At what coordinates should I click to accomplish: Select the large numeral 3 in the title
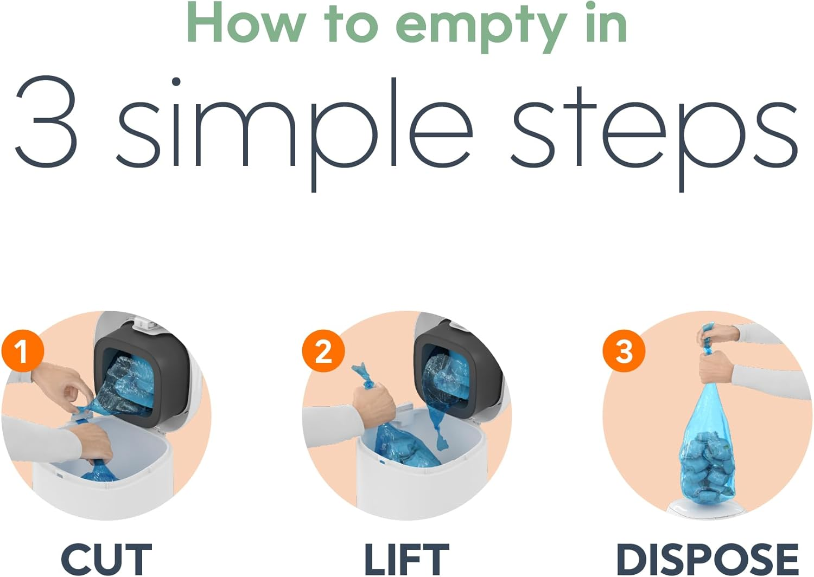46,122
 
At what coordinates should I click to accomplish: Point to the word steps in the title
654,134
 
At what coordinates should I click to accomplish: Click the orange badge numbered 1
23,351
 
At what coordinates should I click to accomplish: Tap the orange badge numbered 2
323,351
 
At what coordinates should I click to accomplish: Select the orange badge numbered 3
624,351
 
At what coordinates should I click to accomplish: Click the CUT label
106,559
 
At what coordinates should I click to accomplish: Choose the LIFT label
407,559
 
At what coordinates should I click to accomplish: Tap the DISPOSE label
707,559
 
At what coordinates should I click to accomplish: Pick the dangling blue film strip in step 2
437,428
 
